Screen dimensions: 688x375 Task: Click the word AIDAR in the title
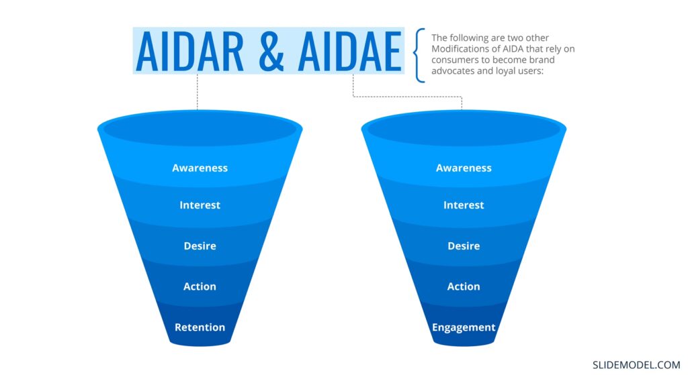click(189, 52)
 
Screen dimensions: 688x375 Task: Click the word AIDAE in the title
click(349, 52)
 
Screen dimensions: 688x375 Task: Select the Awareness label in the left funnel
click(200, 168)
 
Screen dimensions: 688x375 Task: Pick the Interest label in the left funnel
click(200, 205)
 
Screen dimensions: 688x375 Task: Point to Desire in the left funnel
click(200, 246)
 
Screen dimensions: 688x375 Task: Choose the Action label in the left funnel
click(200, 286)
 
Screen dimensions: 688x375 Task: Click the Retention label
click(200, 327)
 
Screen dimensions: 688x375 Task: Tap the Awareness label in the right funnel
click(464, 168)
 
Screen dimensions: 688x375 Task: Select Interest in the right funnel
click(464, 205)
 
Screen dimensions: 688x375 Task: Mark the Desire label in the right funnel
click(464, 246)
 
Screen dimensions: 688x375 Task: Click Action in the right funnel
click(464, 286)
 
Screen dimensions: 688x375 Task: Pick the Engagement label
click(464, 327)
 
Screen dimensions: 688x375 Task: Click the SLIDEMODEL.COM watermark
click(636, 365)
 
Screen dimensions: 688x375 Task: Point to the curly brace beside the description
click(419, 55)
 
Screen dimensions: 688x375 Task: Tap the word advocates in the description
click(452, 70)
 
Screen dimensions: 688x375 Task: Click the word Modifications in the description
click(459, 48)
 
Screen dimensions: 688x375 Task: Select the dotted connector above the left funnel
click(197, 91)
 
